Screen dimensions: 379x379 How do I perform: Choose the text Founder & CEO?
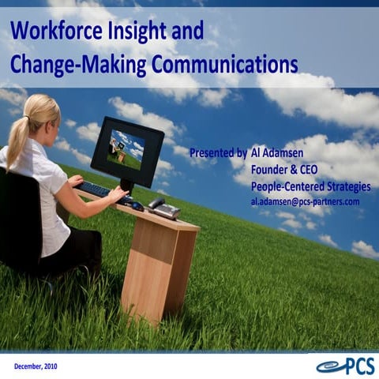tap(287, 170)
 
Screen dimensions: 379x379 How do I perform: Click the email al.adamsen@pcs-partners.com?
tap(305, 201)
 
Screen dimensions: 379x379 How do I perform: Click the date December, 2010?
tap(35, 366)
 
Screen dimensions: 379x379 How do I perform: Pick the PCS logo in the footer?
tap(345, 366)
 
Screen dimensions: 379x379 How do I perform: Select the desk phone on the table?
tap(164, 209)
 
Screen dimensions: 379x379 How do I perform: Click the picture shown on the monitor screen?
tap(126, 148)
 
